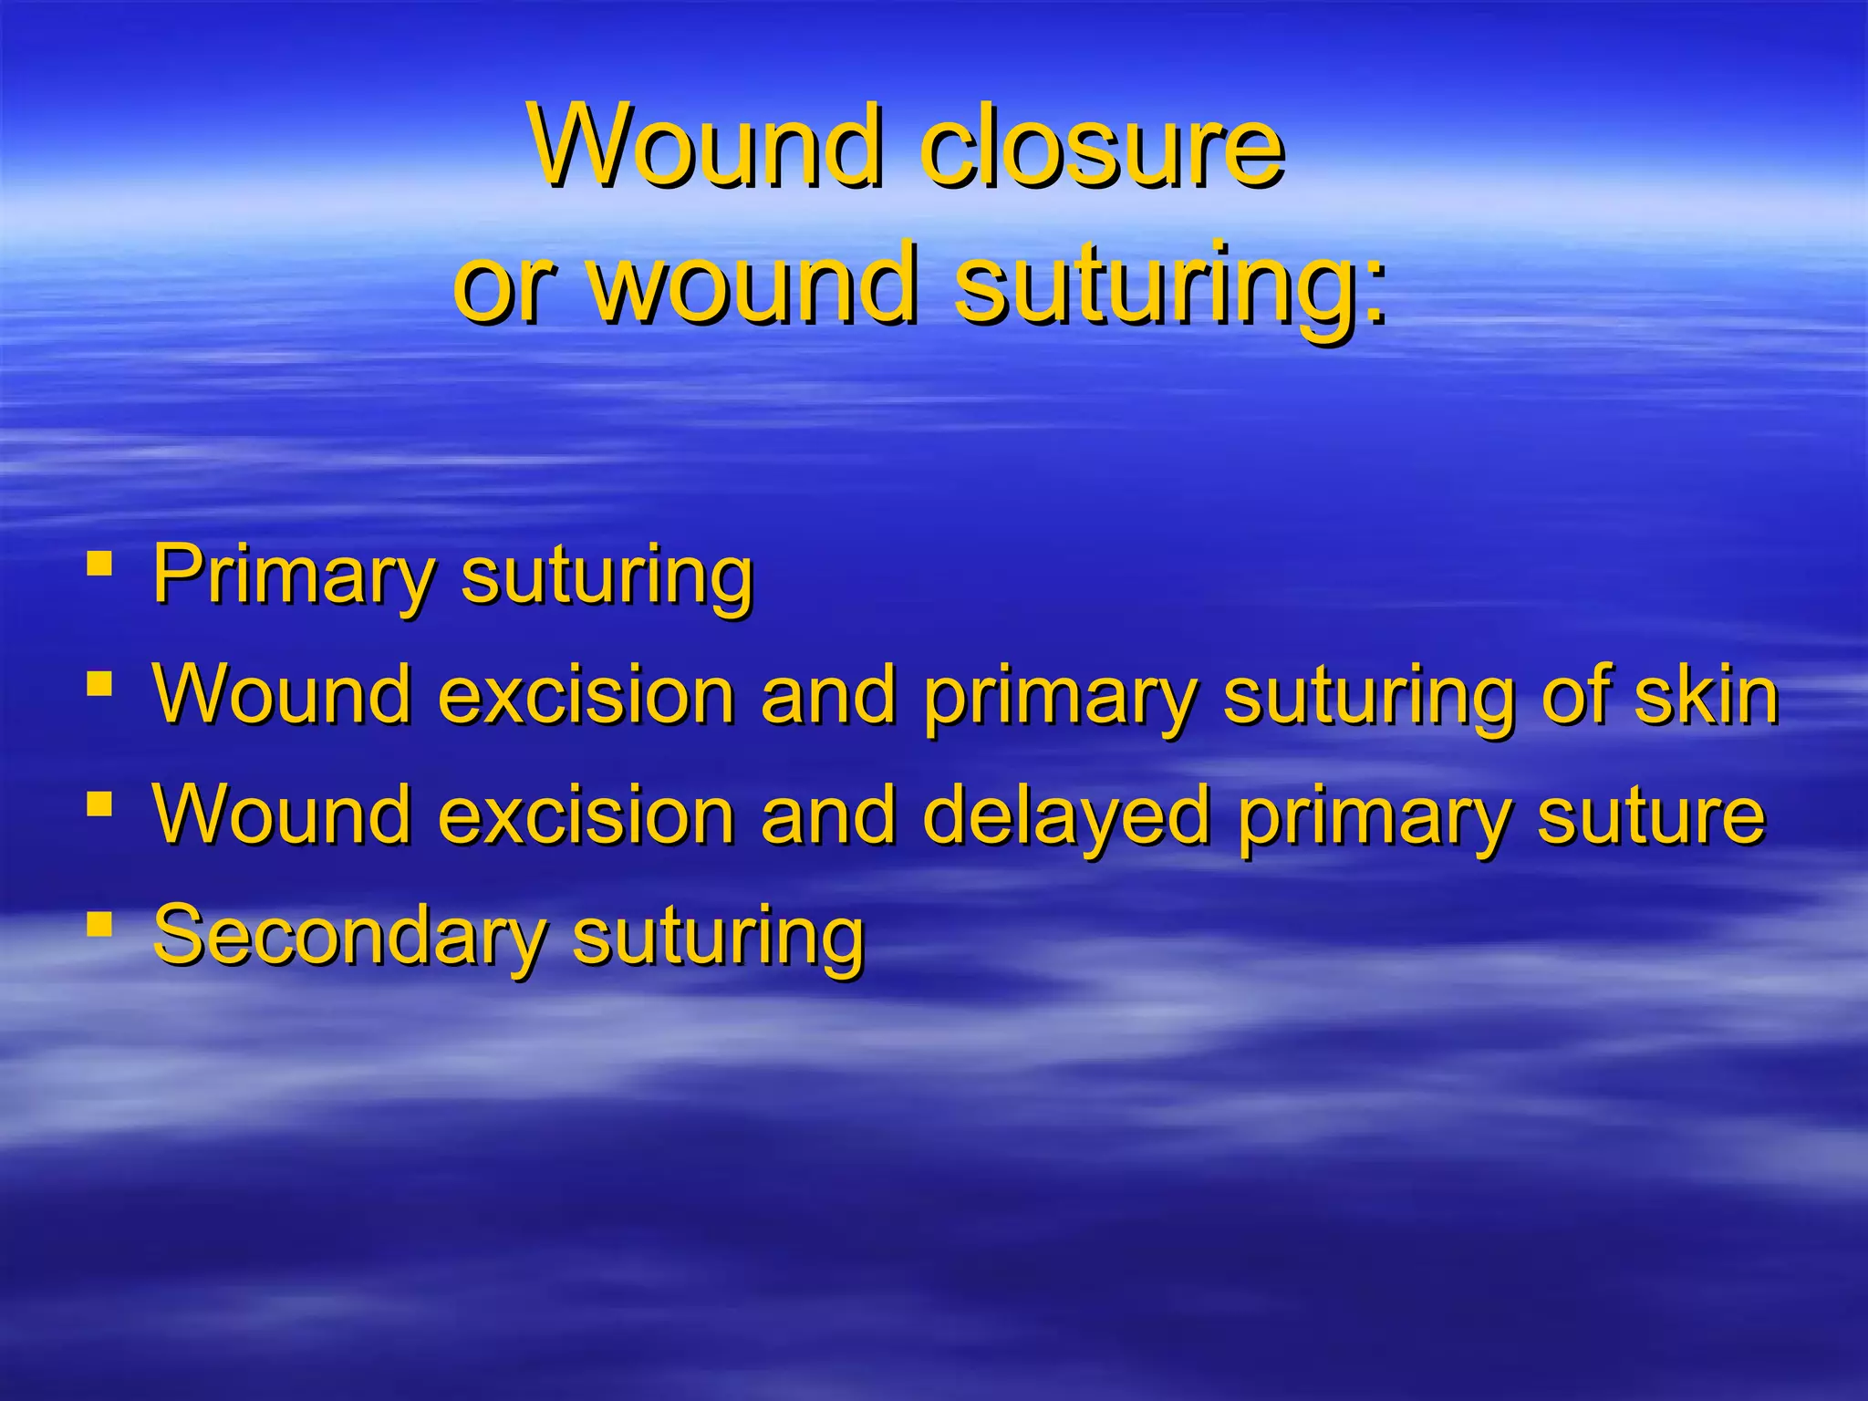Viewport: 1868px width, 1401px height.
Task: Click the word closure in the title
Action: coord(1102,148)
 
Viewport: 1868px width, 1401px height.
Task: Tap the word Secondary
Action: coord(349,934)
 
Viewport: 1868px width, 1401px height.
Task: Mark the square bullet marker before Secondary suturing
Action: coord(99,924)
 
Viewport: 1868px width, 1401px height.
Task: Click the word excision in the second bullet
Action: coord(586,695)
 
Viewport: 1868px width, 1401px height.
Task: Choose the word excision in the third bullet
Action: coord(586,815)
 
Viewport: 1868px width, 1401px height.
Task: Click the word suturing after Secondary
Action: coord(719,938)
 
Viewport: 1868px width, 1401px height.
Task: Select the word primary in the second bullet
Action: coord(1060,699)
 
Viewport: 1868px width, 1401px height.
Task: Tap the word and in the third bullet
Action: coord(829,815)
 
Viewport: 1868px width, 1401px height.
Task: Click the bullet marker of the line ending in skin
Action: coord(99,683)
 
